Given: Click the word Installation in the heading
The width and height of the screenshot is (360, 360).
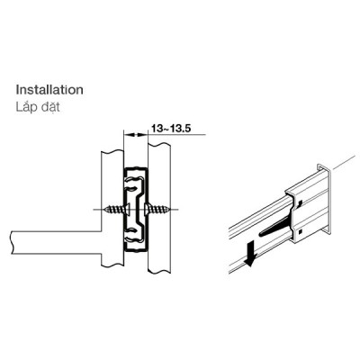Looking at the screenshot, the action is pos(49,90).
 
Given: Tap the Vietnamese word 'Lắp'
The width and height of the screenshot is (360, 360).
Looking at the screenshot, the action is pos(25,107).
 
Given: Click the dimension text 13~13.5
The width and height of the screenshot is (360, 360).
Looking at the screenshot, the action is pos(171,129).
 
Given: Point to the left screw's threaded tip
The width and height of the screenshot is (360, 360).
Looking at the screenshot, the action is pos(104,209).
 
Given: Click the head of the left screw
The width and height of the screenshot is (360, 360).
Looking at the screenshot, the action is pos(128,209).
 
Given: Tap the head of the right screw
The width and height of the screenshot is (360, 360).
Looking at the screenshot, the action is pos(147,209).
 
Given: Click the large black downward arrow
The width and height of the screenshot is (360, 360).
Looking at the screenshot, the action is pos(250,254).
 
